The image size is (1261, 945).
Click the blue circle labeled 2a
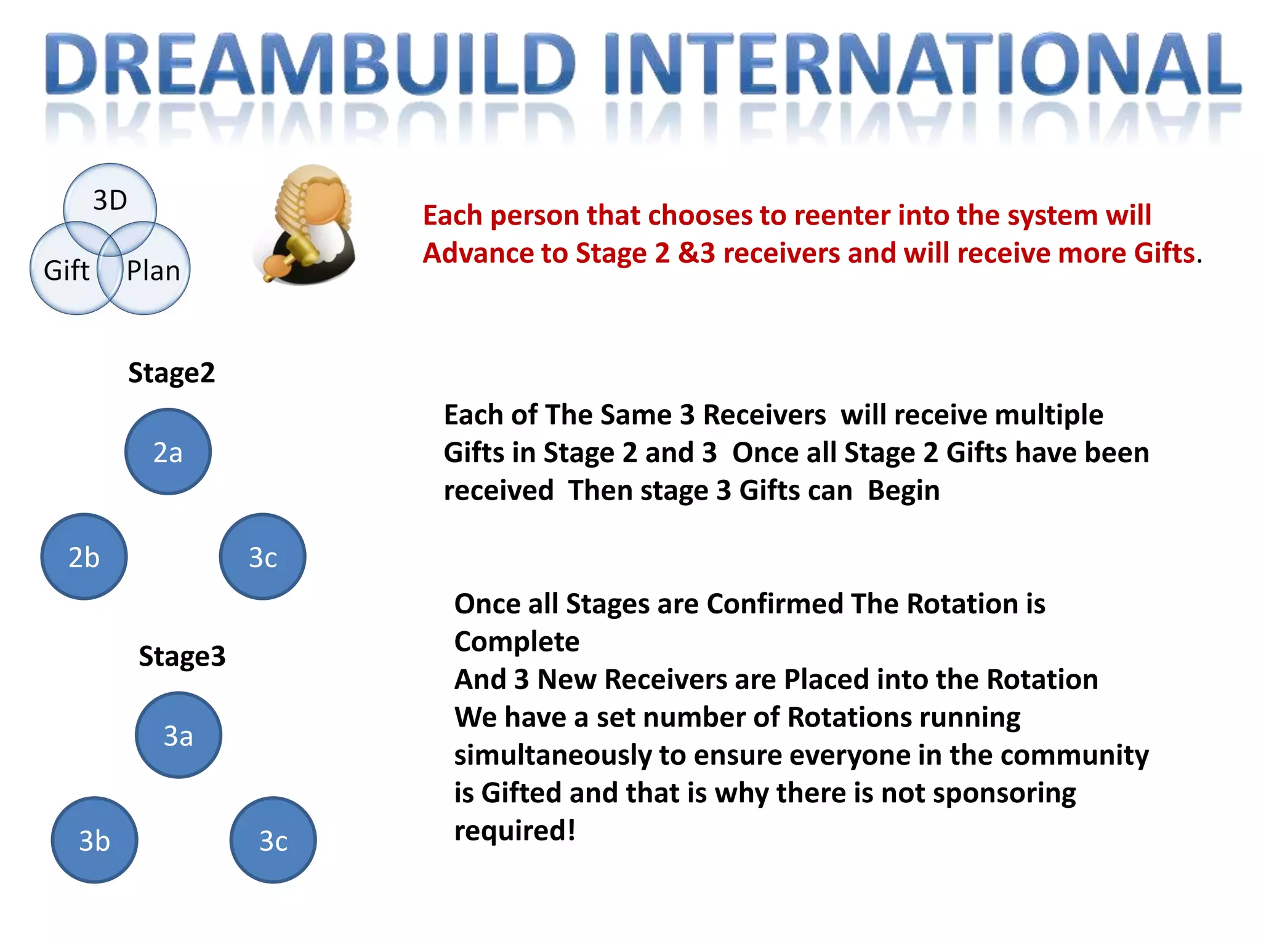pyautogui.click(x=168, y=452)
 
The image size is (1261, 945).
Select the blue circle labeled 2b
pyautogui.click(x=84, y=557)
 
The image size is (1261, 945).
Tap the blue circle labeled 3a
pyautogui.click(x=179, y=735)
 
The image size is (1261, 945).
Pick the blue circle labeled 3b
pyautogui.click(x=94, y=840)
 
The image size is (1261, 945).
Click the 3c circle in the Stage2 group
pyautogui.click(x=263, y=557)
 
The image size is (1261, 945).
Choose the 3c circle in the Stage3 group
pyautogui.click(x=273, y=840)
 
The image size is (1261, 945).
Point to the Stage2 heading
pyautogui.click(x=171, y=373)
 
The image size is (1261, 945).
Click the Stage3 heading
pyautogui.click(x=182, y=656)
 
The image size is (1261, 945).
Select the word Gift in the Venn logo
pyautogui.click(x=66, y=271)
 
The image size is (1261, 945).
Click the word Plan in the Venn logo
pyautogui.click(x=153, y=271)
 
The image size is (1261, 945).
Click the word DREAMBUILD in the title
pyautogui.click(x=311, y=65)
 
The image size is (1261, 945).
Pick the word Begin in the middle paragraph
pyautogui.click(x=903, y=491)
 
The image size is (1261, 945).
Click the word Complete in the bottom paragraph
pyautogui.click(x=517, y=642)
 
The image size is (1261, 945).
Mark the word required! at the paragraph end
pyautogui.click(x=515, y=831)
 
